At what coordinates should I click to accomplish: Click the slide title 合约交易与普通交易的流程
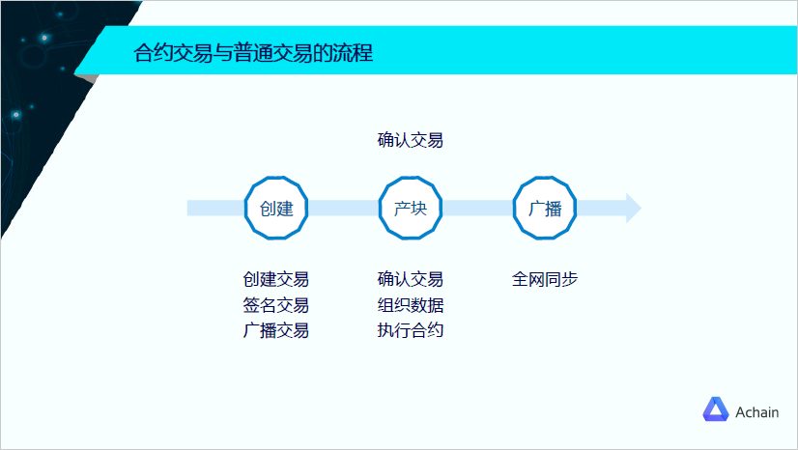(x=253, y=53)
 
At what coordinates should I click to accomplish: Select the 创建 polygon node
(x=276, y=208)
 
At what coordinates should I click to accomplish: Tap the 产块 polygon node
(x=410, y=208)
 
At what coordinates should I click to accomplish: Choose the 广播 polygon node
(x=545, y=208)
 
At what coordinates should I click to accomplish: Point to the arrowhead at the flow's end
(x=632, y=208)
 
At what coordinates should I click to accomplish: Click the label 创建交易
(x=276, y=280)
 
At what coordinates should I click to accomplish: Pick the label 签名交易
(x=276, y=305)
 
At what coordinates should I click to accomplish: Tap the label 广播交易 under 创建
(x=276, y=330)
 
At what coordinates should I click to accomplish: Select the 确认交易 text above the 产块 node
(x=410, y=140)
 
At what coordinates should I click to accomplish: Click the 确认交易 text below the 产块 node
(x=410, y=280)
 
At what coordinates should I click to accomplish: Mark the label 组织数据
(x=410, y=305)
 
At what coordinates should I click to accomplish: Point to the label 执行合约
(x=410, y=330)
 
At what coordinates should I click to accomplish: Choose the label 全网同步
(x=545, y=280)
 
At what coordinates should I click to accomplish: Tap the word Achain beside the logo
(x=756, y=411)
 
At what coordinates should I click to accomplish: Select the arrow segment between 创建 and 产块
(x=343, y=208)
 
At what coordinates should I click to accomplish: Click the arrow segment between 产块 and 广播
(x=477, y=208)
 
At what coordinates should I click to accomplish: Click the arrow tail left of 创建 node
(x=213, y=208)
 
